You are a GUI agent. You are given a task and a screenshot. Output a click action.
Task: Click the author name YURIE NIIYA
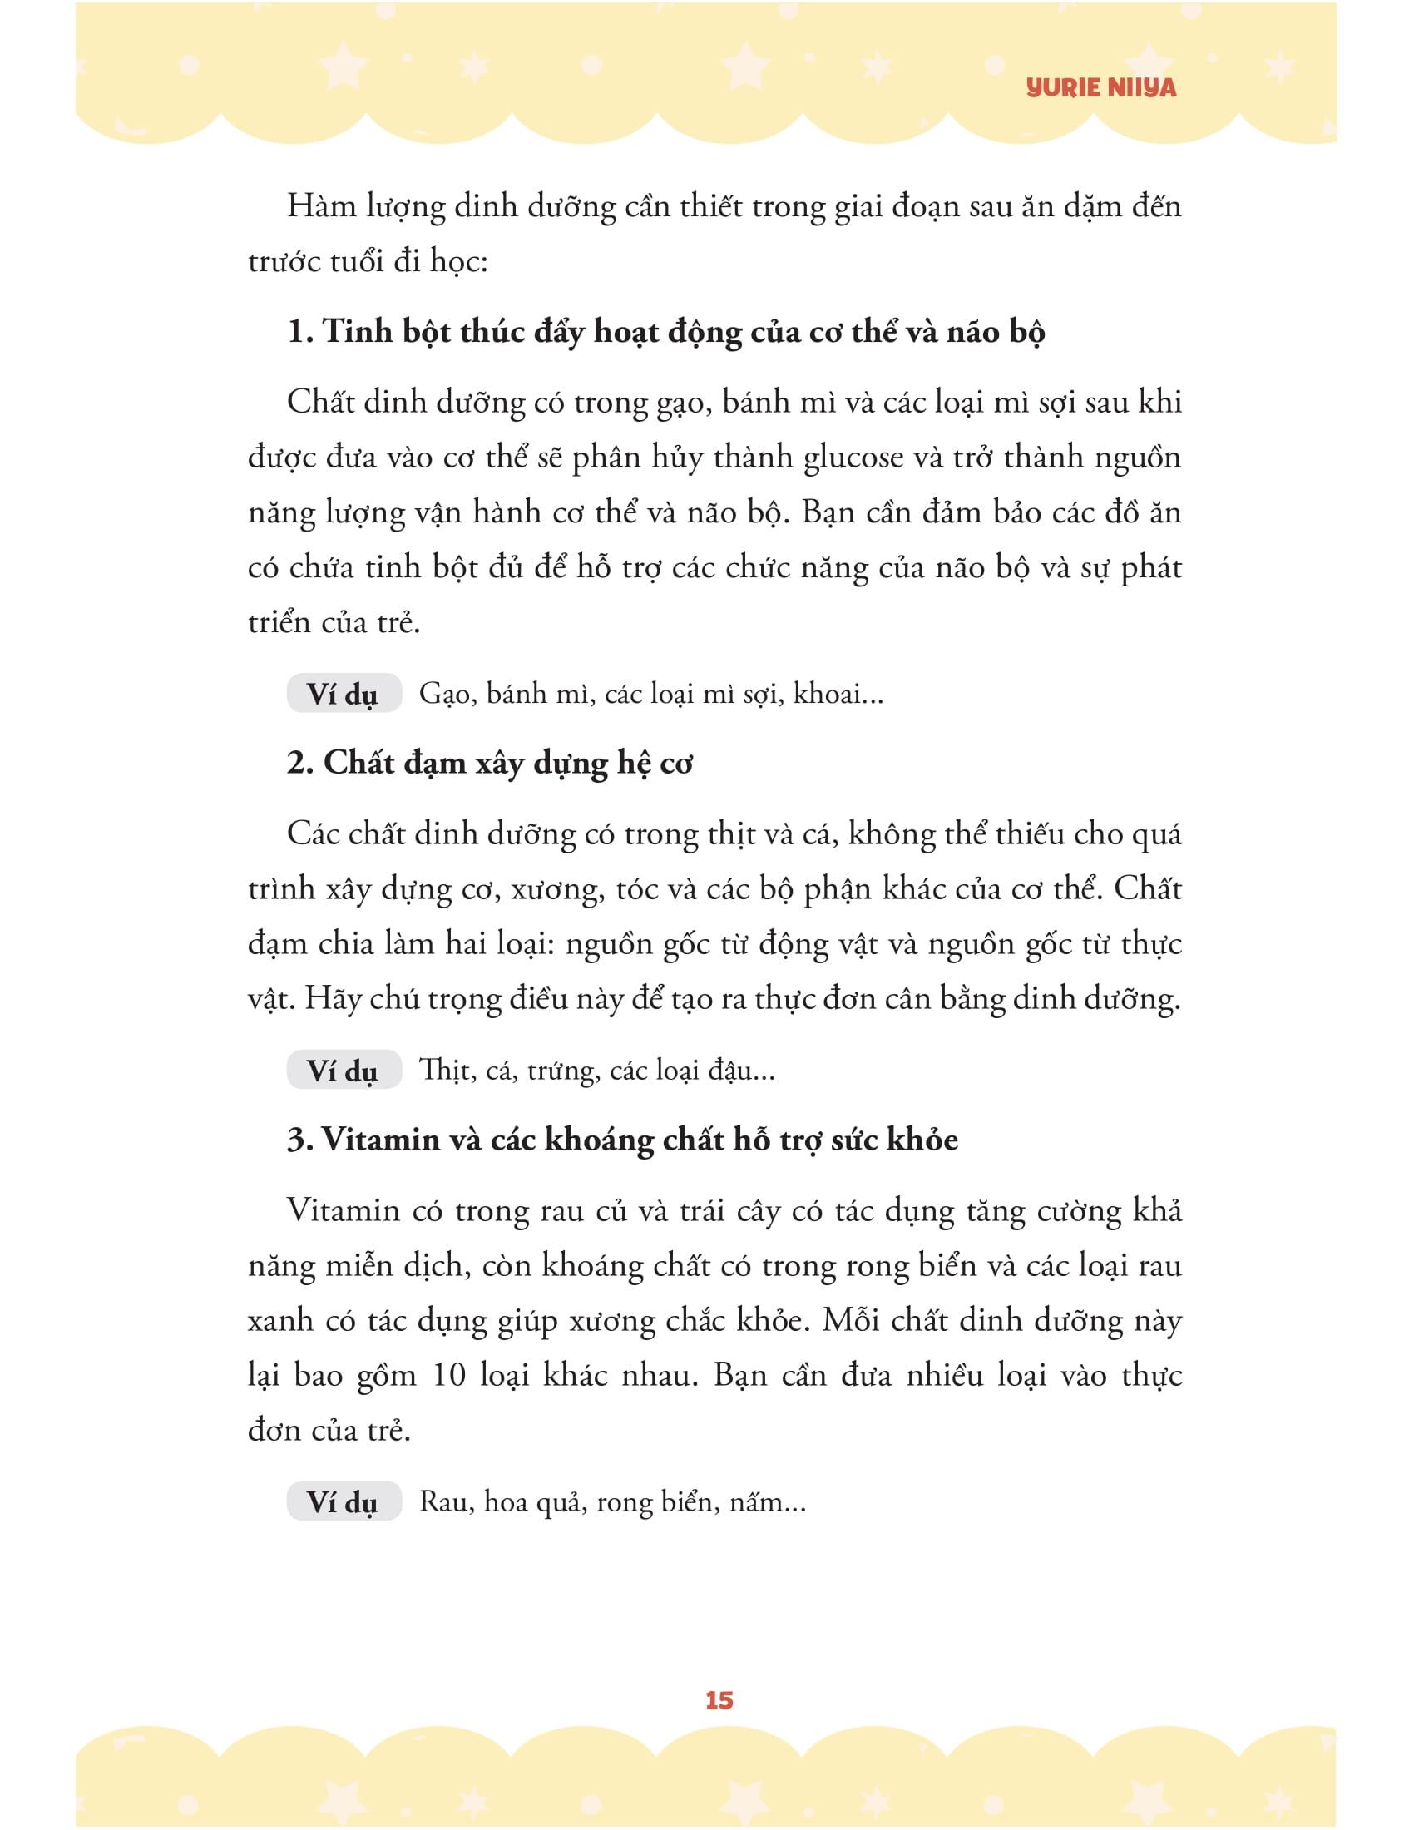pos(1100,88)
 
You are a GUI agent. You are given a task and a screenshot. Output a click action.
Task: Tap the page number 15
pos(719,1700)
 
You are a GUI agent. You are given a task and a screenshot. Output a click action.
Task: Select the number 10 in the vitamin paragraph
pos(449,1376)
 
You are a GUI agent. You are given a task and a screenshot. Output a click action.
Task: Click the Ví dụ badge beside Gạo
pos(344,695)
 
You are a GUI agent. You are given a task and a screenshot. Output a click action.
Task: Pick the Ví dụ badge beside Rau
pos(344,1502)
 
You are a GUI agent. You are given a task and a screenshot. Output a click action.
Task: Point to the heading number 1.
pos(299,333)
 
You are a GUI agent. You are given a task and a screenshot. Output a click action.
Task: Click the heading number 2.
pos(299,764)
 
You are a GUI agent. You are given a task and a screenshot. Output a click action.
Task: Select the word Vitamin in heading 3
pos(369,1140)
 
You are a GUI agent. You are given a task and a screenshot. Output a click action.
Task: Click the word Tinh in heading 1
pos(356,333)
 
